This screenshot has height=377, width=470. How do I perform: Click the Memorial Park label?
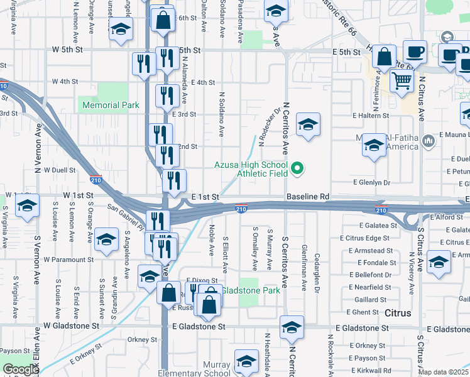coord(111,105)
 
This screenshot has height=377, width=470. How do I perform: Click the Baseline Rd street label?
coord(308,197)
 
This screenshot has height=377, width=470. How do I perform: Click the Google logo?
coord(21,369)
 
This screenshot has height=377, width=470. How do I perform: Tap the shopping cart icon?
coord(402,80)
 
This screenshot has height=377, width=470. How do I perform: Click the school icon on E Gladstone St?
coord(292,327)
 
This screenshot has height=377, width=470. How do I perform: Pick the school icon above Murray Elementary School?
coord(246,361)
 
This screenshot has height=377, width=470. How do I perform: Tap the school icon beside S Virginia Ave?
coord(27,207)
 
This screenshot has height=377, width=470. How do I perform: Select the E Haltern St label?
coord(372,116)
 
